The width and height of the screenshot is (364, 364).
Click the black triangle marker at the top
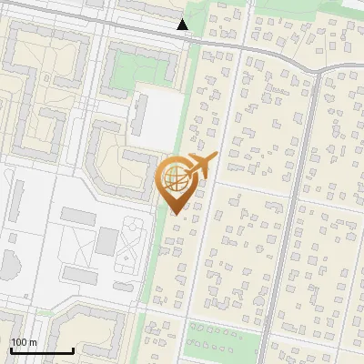pos(183,25)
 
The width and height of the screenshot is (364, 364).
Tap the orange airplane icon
pos(201,166)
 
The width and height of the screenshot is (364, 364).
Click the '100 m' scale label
pos(24,341)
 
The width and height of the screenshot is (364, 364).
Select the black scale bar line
pos(42,350)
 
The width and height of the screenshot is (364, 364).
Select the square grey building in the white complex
pos(107,241)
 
